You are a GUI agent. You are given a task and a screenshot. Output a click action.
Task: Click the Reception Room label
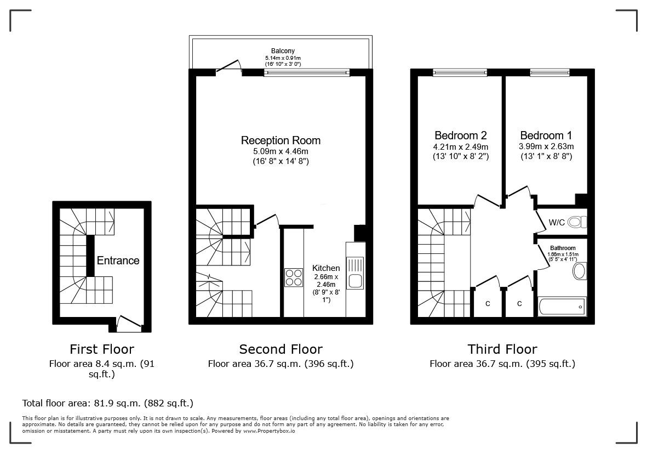[280, 140]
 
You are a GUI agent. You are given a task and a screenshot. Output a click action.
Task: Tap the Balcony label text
[283, 51]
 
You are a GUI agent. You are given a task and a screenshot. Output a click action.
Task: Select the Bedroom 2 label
[460, 135]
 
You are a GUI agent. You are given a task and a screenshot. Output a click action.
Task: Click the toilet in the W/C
[576, 222]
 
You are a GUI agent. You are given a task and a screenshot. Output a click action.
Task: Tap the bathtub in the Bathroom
[562, 306]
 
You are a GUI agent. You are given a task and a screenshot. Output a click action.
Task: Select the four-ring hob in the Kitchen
[294, 277]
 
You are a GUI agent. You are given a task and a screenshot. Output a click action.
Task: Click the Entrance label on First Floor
[118, 261]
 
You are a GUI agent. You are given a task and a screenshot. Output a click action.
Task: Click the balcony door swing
[230, 65]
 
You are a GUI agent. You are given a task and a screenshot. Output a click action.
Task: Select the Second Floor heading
[280, 349]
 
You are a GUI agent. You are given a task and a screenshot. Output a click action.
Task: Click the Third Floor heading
[502, 349]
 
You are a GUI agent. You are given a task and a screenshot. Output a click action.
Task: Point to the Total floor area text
[107, 403]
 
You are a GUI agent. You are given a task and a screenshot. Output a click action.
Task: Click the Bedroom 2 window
[460, 72]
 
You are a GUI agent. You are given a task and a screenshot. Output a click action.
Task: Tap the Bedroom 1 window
[549, 72]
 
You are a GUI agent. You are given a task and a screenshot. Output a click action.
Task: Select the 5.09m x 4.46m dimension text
[280, 151]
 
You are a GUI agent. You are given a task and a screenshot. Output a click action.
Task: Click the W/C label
[556, 223]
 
